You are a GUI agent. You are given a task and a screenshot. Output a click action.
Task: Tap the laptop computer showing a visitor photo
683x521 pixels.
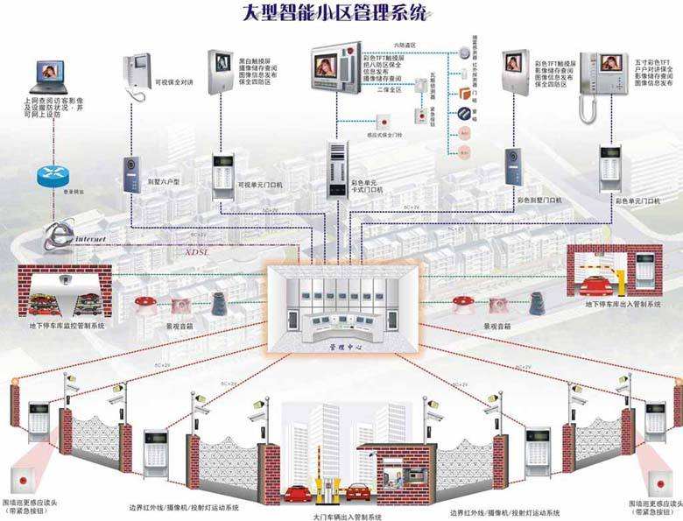point(50,76)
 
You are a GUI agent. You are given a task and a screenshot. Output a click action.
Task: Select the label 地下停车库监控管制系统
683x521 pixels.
point(66,326)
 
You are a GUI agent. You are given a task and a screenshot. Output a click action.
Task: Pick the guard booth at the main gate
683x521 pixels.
point(384,478)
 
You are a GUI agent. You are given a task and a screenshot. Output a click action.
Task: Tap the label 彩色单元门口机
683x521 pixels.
point(638,202)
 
